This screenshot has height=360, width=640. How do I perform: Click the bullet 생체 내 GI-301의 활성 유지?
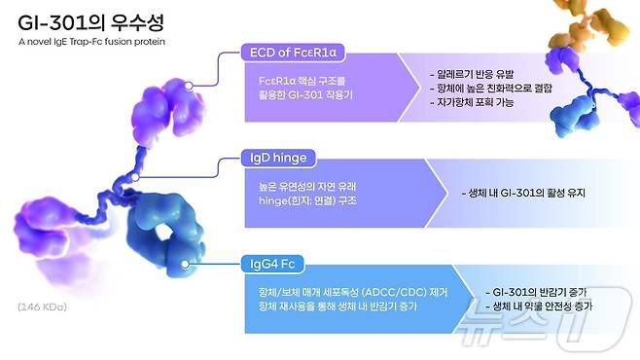click(x=521, y=193)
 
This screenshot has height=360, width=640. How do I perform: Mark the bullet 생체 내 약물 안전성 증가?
click(x=542, y=306)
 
